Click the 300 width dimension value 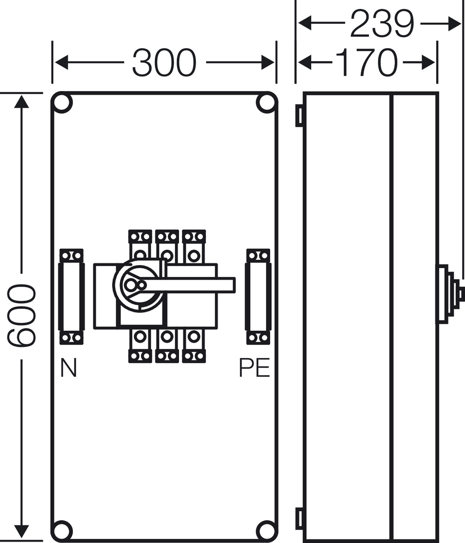[165, 62]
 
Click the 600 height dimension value [21, 316]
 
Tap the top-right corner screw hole [266, 103]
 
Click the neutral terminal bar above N [72, 297]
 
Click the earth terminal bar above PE [258, 297]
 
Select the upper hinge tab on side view [299, 115]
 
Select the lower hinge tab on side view [299, 518]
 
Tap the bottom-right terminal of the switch [194, 346]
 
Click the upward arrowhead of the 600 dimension [21, 100]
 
